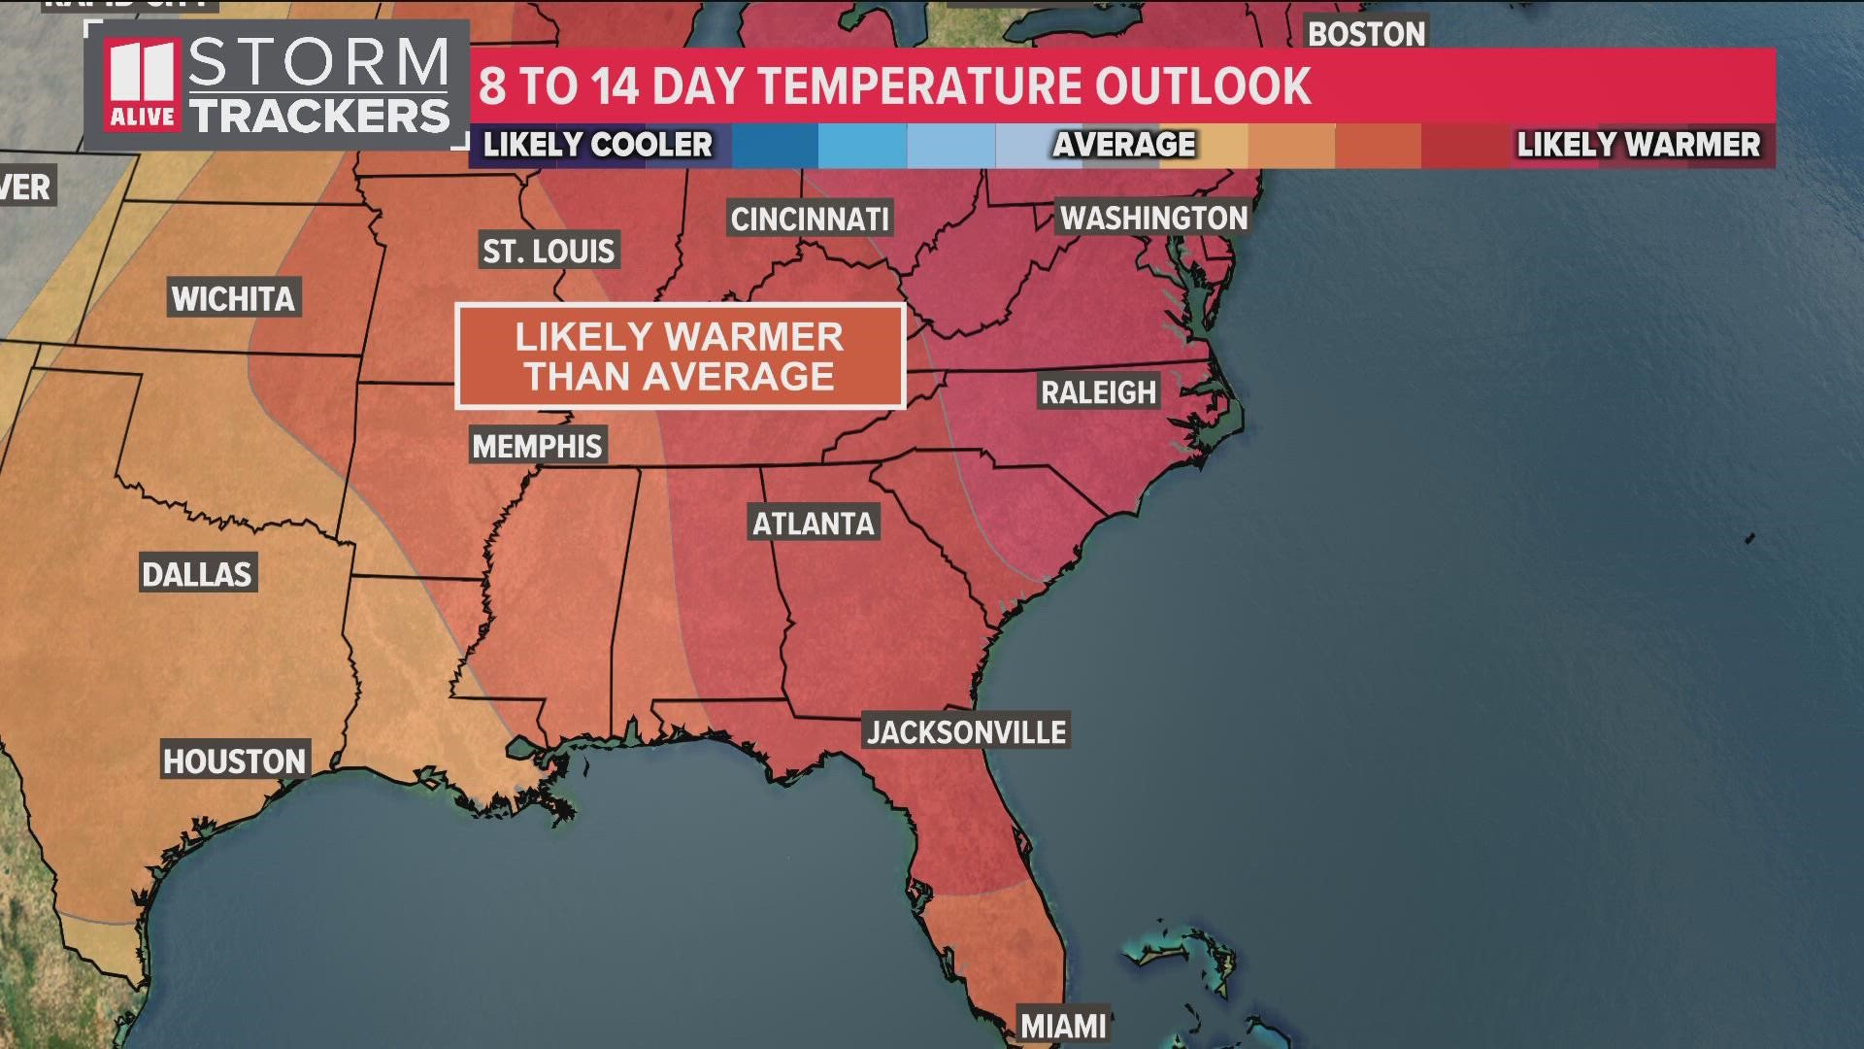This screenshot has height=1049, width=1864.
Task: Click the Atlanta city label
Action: [x=814, y=524]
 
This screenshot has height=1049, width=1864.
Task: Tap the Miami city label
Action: [x=1063, y=1026]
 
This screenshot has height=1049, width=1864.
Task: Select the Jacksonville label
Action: [x=966, y=731]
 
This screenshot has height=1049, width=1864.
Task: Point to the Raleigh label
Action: [x=1098, y=392]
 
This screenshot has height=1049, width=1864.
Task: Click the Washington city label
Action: [x=1153, y=218]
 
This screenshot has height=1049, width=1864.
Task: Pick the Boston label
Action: [x=1366, y=34]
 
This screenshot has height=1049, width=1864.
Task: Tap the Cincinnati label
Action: [x=810, y=220]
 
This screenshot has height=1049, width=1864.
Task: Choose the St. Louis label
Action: [x=549, y=252]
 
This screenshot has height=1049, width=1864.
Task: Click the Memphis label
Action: [x=538, y=446]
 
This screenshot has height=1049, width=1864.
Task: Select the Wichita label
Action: [x=233, y=298]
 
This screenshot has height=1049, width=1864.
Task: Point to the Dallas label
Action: [x=197, y=574]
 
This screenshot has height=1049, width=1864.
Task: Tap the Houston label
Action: [x=234, y=761]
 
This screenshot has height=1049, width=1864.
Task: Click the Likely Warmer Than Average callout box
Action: [x=680, y=356]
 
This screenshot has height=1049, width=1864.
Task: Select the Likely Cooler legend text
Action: [x=598, y=145]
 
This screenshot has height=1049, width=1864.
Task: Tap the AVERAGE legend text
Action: [x=1124, y=145]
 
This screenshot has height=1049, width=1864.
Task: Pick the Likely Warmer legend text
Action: [x=1638, y=145]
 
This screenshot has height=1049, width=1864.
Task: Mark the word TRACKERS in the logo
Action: [x=320, y=116]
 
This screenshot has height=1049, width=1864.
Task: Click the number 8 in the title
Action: [x=492, y=85]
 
